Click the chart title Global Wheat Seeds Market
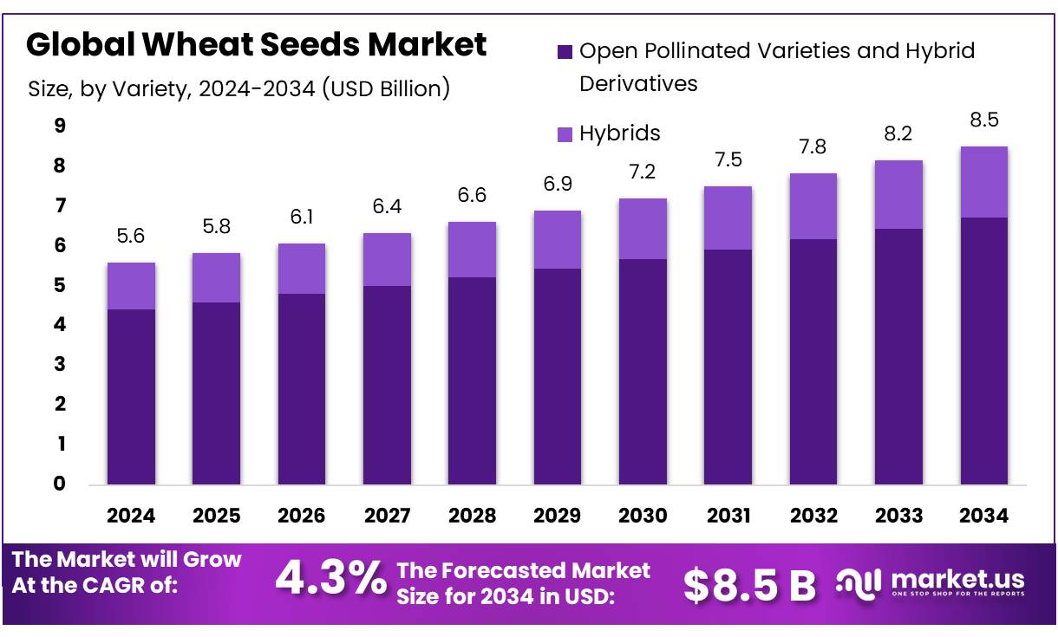pyautogui.click(x=256, y=45)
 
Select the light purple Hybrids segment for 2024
pyautogui.click(x=131, y=286)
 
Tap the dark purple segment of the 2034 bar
pyautogui.click(x=984, y=351)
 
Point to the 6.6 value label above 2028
pyautogui.click(x=472, y=195)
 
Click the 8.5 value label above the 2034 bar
pyautogui.click(x=984, y=120)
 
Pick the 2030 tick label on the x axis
pyautogui.click(x=643, y=516)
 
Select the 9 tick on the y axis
pyautogui.click(x=60, y=127)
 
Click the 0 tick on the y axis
pyautogui.click(x=60, y=484)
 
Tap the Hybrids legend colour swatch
pyautogui.click(x=565, y=134)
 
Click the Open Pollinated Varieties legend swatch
pyautogui.click(x=565, y=52)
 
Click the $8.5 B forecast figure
pyautogui.click(x=749, y=585)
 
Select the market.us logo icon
pyautogui.click(x=859, y=582)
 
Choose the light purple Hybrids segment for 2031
pyautogui.click(x=728, y=218)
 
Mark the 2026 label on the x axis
pyautogui.click(x=301, y=516)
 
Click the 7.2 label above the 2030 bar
pyautogui.click(x=643, y=172)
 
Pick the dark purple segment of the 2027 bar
pyautogui.click(x=387, y=386)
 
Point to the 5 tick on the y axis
pyautogui.click(x=60, y=285)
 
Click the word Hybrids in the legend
pyautogui.click(x=620, y=133)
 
